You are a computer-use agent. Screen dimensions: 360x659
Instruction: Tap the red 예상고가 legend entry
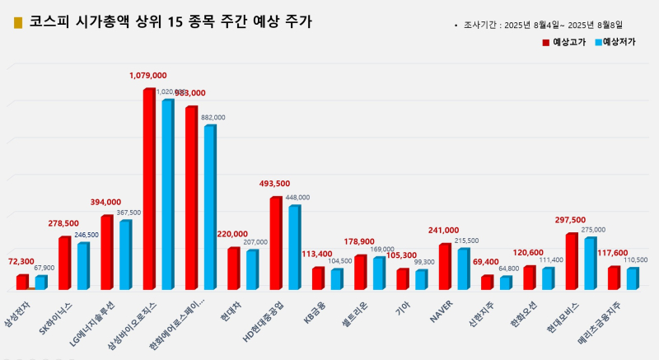[x=563, y=41]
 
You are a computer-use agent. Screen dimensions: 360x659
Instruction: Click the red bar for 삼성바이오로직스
[x=149, y=189]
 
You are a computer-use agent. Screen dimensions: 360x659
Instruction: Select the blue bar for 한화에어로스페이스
[x=209, y=206]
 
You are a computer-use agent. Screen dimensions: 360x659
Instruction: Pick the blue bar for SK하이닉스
[x=83, y=265]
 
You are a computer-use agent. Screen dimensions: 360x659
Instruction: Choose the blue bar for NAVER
[x=463, y=268]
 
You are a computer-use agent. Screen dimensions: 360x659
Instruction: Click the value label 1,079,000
[x=148, y=76]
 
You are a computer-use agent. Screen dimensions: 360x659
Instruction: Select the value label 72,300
[x=21, y=261]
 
